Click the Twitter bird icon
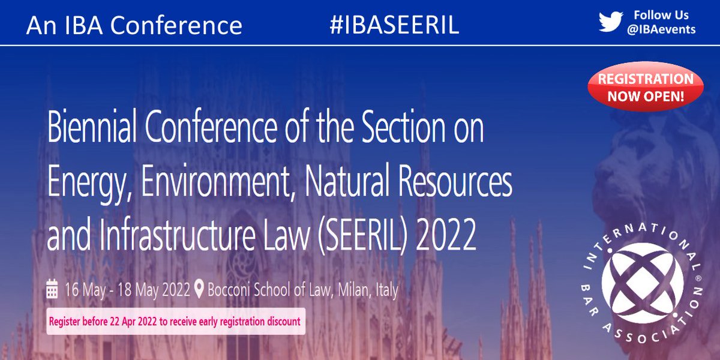click(611, 22)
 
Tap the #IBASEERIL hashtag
click(394, 25)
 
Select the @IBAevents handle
click(661, 29)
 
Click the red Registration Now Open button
click(640, 87)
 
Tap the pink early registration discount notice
click(175, 322)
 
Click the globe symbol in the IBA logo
click(641, 282)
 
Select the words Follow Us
click(661, 15)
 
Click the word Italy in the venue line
click(385, 290)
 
